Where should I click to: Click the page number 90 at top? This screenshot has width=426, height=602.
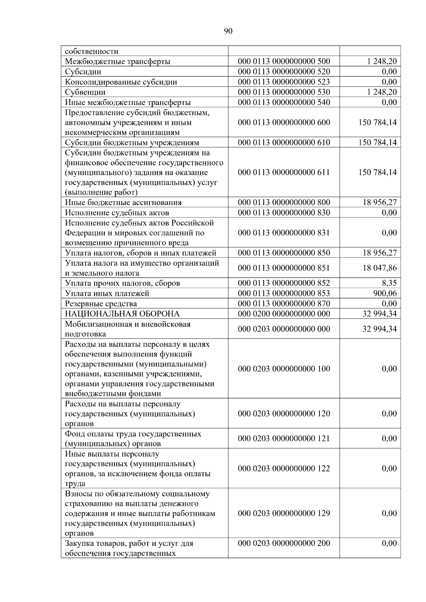point(228,31)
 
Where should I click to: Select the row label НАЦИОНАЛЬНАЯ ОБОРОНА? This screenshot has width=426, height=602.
point(122,314)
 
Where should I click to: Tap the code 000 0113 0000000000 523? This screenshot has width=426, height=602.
point(284,82)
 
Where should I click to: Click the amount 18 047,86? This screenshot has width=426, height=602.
point(379,268)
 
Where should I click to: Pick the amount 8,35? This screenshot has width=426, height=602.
point(389,283)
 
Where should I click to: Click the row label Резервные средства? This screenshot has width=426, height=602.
point(101,304)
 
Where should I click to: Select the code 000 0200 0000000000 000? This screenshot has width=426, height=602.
point(284,314)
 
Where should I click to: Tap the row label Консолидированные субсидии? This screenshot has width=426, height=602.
point(121,82)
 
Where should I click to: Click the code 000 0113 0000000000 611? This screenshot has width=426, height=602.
point(284,172)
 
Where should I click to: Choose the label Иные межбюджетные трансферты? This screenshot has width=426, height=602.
point(128,103)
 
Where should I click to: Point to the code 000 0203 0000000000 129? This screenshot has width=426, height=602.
point(284,513)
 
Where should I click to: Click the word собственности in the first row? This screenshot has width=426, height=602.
point(92,51)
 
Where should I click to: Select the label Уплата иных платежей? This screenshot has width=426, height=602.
point(107,293)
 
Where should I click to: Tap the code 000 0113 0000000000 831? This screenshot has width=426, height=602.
point(284,233)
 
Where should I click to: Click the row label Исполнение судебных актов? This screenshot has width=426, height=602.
point(117,212)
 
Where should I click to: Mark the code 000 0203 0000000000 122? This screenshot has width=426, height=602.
point(284,469)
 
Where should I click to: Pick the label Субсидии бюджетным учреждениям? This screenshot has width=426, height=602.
point(132,143)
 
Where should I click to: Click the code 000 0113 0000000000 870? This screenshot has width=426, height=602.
point(284,304)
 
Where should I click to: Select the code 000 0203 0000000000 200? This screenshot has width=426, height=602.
point(284,543)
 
